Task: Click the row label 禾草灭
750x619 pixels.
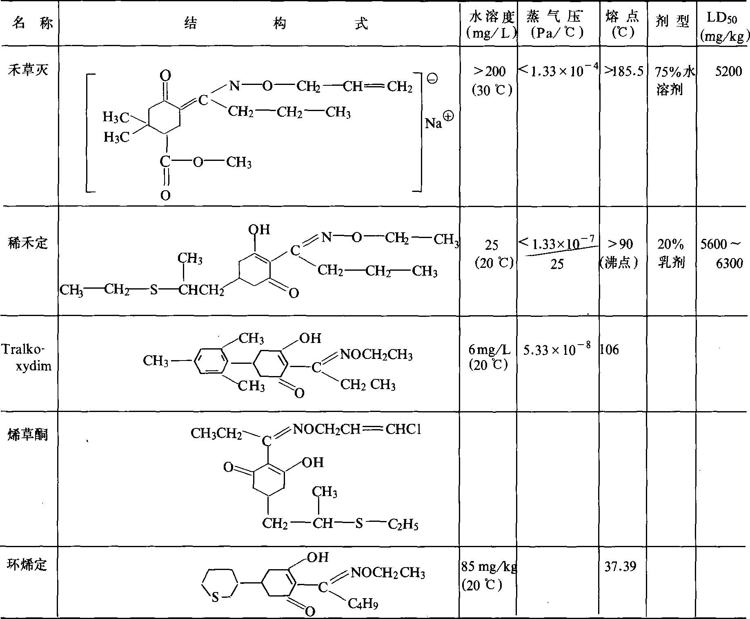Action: [x=28, y=71]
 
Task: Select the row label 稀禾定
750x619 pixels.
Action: [x=28, y=244]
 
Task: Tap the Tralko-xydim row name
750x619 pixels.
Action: [x=27, y=357]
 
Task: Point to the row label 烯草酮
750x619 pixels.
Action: [x=28, y=435]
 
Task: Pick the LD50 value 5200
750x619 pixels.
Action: [x=728, y=72]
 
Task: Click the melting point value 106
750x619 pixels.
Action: [x=610, y=350]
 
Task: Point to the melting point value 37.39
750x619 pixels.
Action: [x=620, y=566]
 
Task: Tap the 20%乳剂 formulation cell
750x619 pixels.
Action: [x=671, y=254]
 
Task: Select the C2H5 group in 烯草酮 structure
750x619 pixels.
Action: [x=403, y=524]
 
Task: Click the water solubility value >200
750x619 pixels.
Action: [x=489, y=72]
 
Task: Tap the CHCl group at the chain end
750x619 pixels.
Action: [x=403, y=429]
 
